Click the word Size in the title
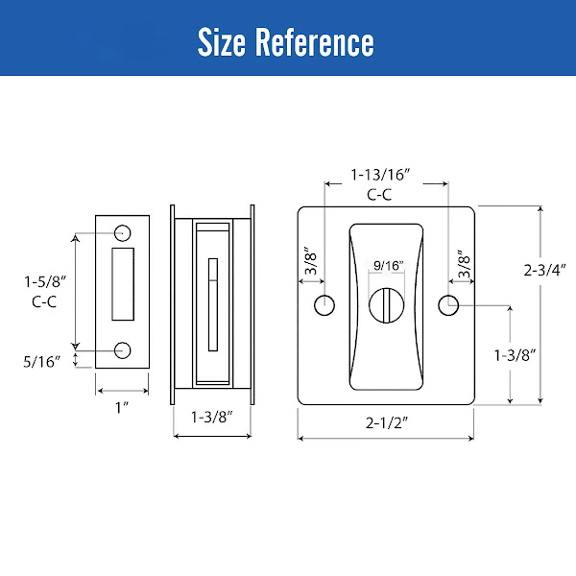[221, 42]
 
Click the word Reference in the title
[315, 42]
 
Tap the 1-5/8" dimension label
[45, 282]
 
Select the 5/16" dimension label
[41, 362]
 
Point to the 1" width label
[122, 407]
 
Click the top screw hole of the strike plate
[122, 233]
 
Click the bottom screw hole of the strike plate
[122, 350]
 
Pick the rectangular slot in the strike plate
[123, 284]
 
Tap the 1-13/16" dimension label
[380, 175]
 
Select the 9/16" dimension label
[388, 265]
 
